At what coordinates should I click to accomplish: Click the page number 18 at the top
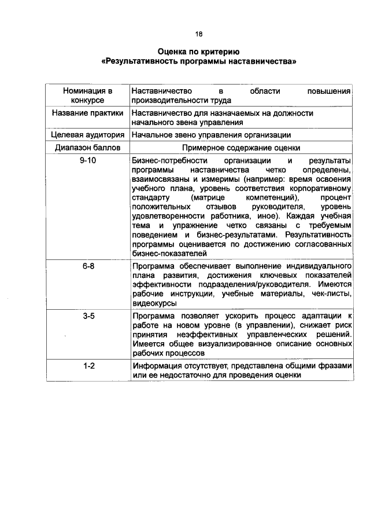[199, 35]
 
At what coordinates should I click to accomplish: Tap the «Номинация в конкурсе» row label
[87, 96]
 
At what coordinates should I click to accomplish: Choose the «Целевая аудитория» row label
[87, 135]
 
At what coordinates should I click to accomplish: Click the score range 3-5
[87, 316]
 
